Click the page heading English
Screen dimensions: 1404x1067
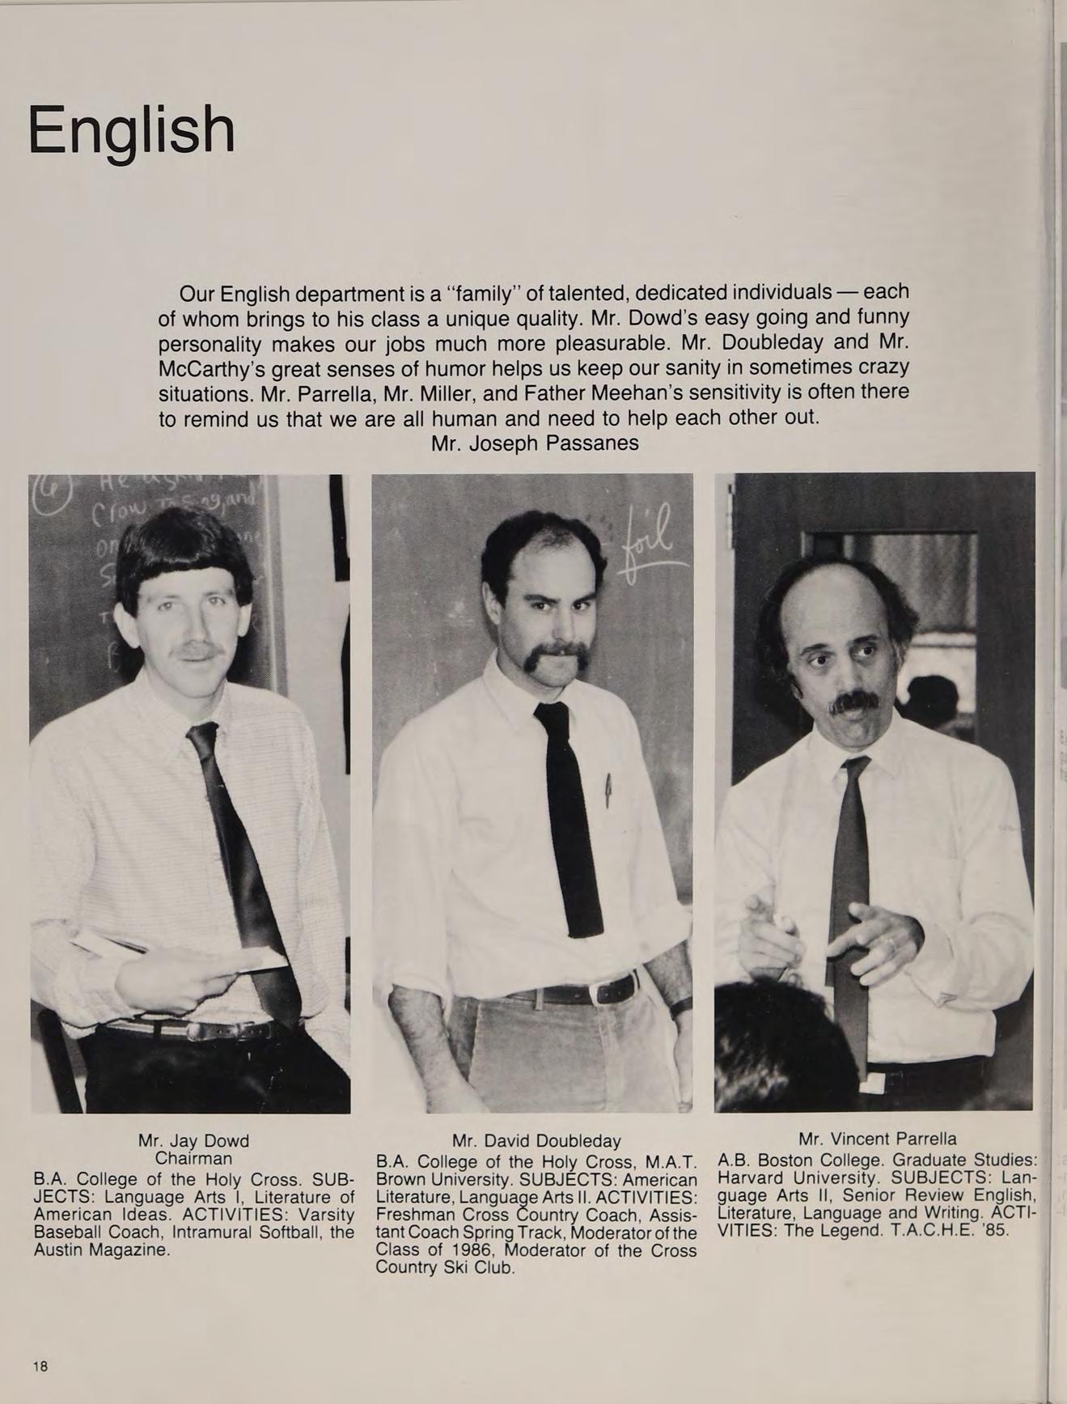(131, 130)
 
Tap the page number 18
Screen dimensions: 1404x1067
(40, 1366)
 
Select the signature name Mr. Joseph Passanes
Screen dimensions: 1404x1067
(535, 443)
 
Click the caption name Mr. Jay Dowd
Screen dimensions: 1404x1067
(193, 1141)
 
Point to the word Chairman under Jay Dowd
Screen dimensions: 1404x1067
(193, 1158)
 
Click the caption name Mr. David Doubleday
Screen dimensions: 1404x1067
(536, 1141)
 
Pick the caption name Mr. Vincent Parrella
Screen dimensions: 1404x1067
(877, 1139)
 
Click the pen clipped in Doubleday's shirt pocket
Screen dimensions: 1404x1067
(608, 790)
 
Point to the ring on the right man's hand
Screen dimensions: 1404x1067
(890, 943)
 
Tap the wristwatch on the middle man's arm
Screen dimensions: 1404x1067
(680, 1007)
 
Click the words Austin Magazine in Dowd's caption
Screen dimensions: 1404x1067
(101, 1250)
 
